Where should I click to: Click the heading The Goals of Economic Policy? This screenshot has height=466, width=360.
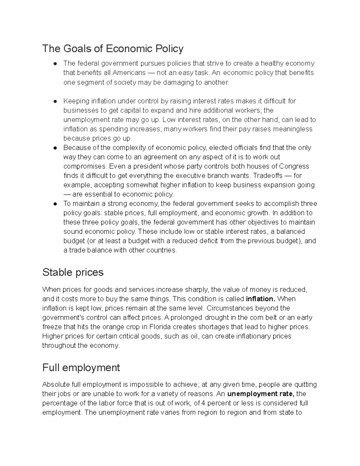coord(112,49)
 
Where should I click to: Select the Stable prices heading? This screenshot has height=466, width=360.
coord(73,272)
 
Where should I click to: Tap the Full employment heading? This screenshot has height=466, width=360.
coord(81,367)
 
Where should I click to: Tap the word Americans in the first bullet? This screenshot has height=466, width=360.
coord(129,73)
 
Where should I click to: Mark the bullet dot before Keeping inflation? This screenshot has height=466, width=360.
coord(55,101)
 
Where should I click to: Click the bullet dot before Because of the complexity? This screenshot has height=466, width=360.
coord(55,148)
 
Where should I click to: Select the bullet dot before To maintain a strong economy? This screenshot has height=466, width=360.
coord(55,204)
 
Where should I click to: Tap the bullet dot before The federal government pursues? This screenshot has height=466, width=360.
coord(55,64)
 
